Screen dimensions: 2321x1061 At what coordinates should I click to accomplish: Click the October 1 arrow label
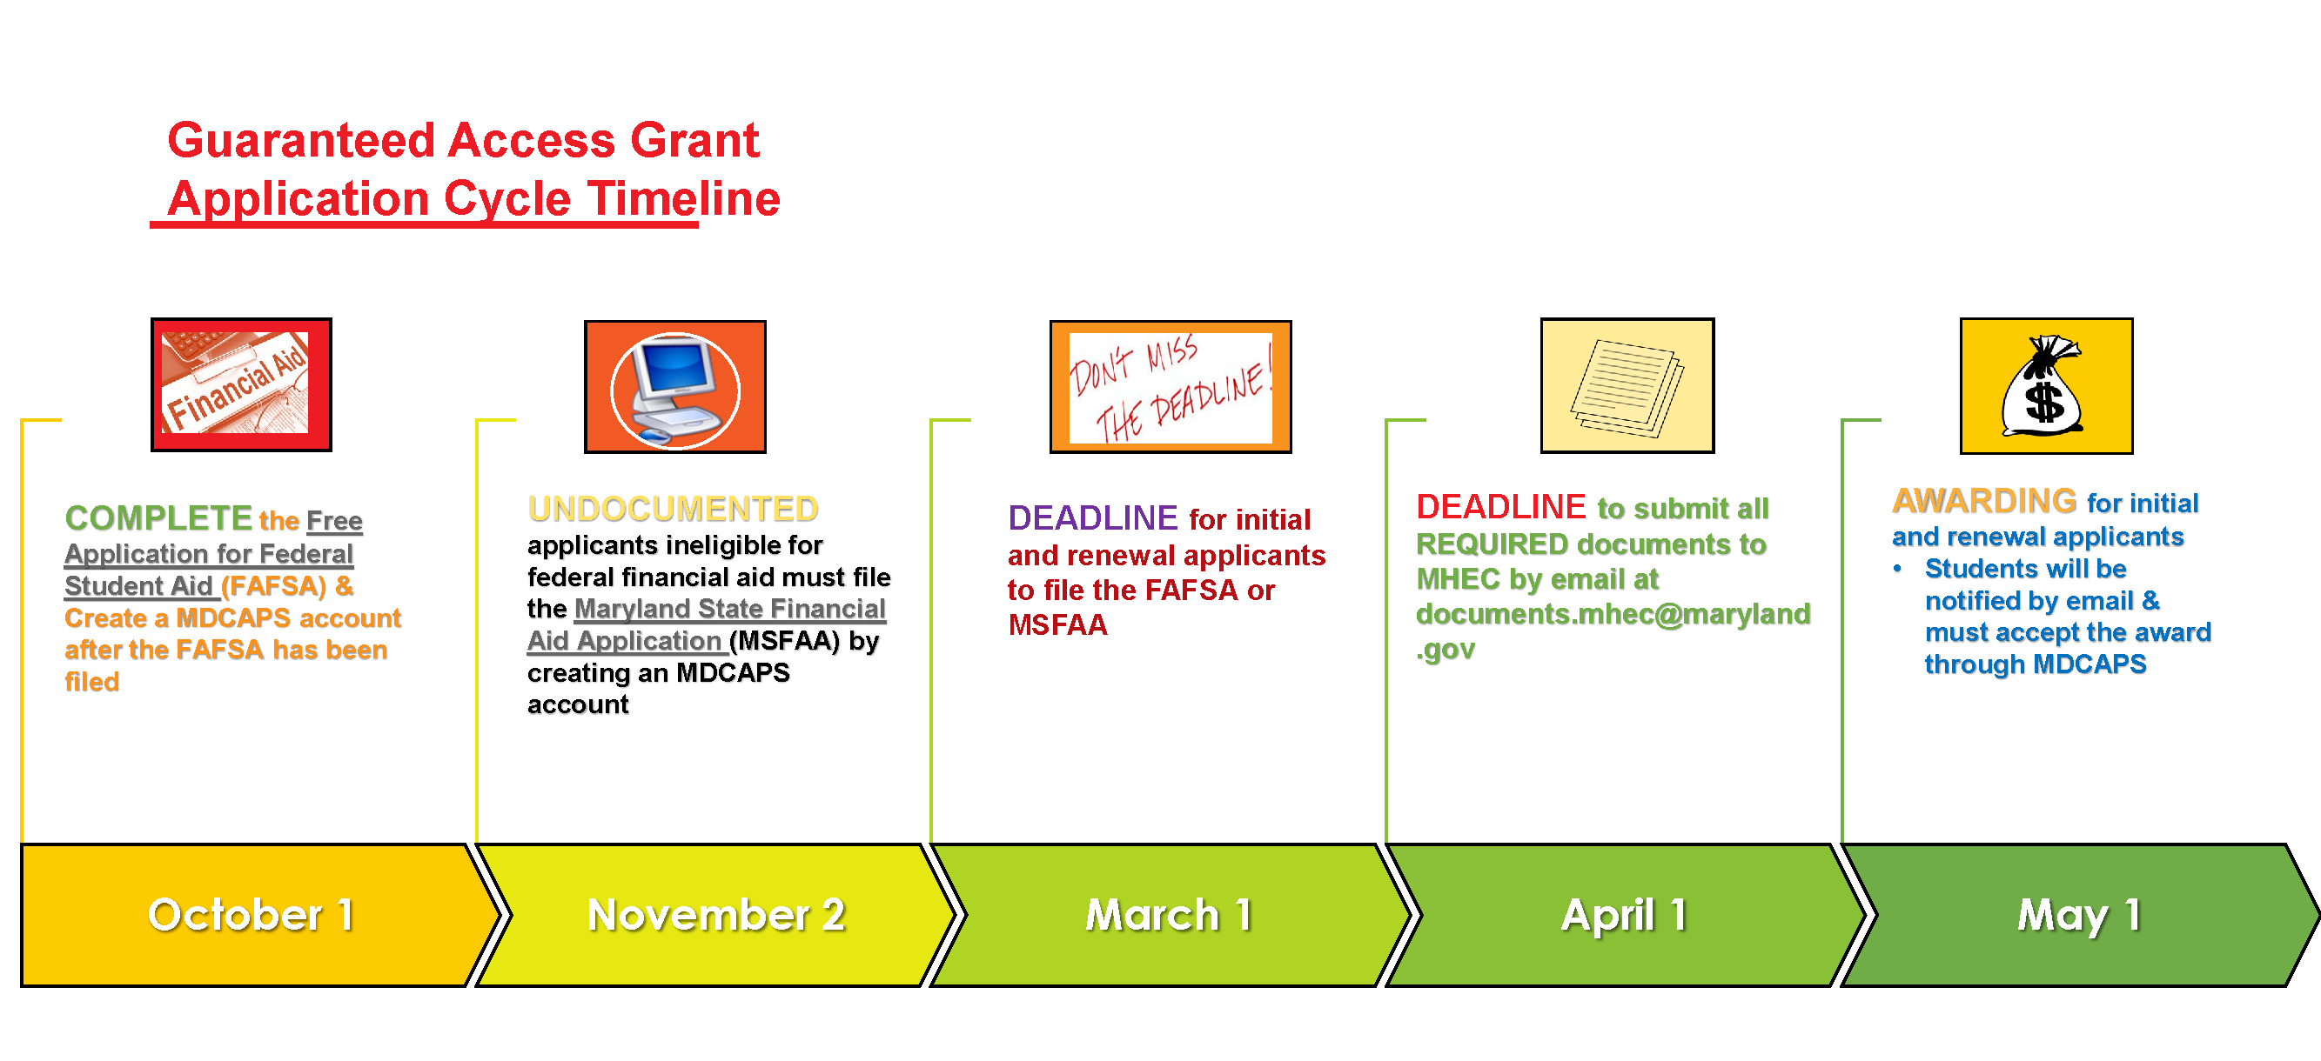[251, 915]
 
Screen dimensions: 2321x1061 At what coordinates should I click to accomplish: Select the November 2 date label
[716, 915]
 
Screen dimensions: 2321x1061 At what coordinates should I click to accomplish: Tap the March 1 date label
[1169, 915]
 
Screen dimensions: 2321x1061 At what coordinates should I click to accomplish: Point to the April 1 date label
[1624, 916]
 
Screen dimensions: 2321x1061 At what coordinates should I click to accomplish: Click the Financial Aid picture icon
[241, 384]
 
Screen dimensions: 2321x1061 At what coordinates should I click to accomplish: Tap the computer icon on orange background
[674, 386]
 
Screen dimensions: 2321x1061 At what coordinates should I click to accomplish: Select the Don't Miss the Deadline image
[1171, 386]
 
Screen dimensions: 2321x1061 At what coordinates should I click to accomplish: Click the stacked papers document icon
[1627, 385]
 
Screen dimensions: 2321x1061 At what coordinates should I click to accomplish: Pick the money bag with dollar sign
[2046, 385]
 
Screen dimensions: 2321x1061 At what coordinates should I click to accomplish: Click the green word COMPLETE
[158, 518]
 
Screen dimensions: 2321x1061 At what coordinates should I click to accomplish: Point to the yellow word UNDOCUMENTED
[673, 509]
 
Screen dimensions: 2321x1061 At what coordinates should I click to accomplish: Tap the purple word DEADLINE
[1092, 518]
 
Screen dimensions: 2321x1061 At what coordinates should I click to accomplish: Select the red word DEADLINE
[1500, 507]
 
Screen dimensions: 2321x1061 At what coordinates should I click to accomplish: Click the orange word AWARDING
[1984, 501]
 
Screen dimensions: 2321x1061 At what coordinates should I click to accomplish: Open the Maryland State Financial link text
[730, 609]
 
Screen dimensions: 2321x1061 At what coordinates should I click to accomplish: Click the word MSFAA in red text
[1057, 624]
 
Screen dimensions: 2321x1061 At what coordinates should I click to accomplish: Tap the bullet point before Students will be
[1897, 568]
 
